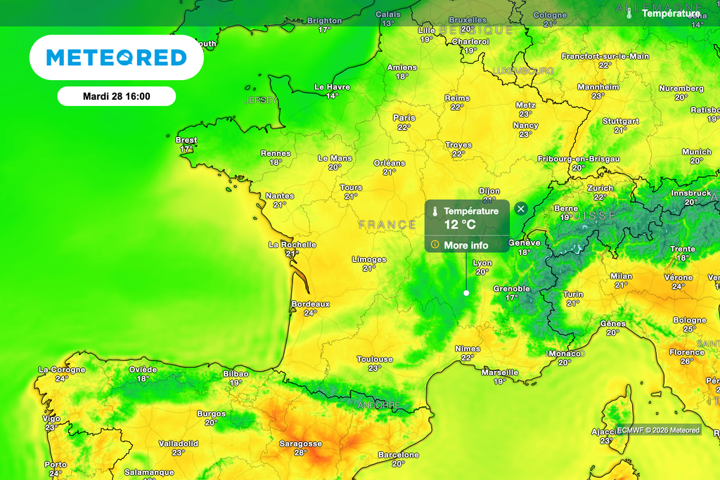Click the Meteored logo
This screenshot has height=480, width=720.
[x=116, y=57]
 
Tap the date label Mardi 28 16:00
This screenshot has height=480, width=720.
[x=116, y=96]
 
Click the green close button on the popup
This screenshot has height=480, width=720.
[x=521, y=209]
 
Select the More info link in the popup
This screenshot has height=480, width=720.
[x=465, y=245]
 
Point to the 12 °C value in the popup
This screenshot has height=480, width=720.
[x=460, y=224]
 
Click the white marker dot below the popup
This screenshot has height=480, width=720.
[x=466, y=293]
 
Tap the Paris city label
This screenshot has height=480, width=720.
[x=404, y=118]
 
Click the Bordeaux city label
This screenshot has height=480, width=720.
[x=310, y=304]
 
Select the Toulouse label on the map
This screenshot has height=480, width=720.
[x=374, y=359]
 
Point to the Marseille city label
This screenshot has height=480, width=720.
[x=500, y=372]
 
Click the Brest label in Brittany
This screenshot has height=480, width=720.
[x=186, y=140]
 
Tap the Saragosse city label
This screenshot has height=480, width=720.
[x=300, y=443]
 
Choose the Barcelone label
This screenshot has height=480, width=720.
[x=399, y=455]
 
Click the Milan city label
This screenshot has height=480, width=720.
[x=622, y=276]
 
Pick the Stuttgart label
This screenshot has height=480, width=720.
[x=621, y=121]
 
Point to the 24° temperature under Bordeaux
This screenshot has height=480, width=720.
[x=310, y=313]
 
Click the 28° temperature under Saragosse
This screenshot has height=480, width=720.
[x=300, y=453]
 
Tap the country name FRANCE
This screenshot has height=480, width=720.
[x=387, y=225]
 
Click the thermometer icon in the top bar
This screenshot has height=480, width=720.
[x=630, y=13]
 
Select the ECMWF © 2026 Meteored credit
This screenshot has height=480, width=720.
[x=658, y=430]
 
